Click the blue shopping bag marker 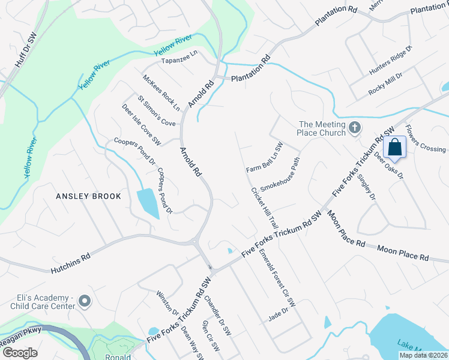tap(395, 146)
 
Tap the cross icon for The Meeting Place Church tap(355, 127)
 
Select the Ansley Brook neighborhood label tap(89, 196)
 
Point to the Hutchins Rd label tap(70, 256)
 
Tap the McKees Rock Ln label tap(161, 93)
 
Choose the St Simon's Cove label tap(157, 112)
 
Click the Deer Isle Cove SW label tap(141, 125)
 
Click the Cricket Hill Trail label tap(265, 207)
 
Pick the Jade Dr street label tap(279, 313)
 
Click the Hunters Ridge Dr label tap(391, 60)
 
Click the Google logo tap(20, 353)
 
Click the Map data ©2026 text tap(423, 355)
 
